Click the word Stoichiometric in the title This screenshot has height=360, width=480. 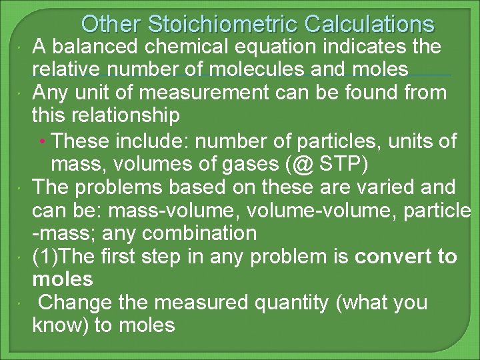(224, 25)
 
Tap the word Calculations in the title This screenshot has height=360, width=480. (369, 25)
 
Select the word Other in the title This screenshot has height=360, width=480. (111, 25)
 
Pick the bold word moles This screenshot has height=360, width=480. (63, 279)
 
